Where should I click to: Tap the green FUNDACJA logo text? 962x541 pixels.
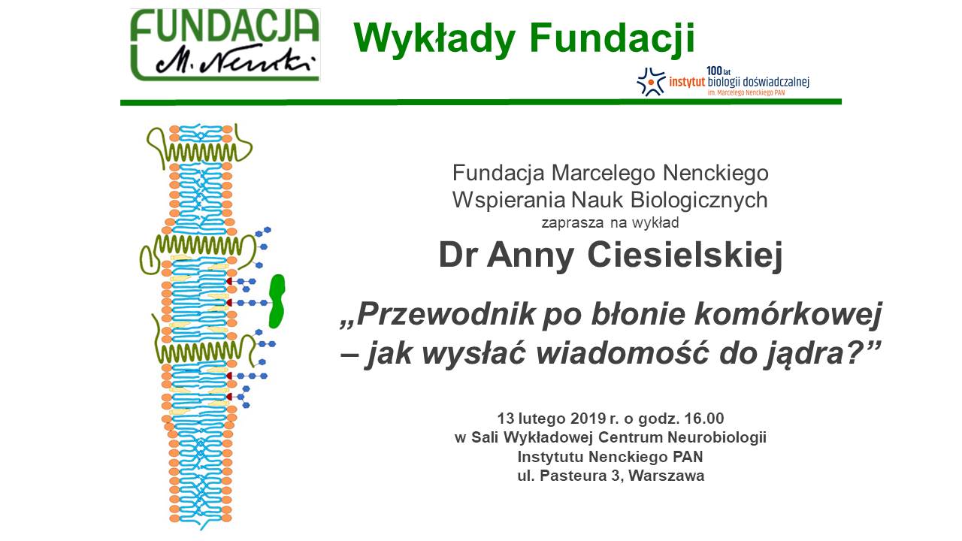[225, 26]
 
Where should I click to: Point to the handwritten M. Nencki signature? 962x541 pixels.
[235, 61]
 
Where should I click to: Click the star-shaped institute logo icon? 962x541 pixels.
[651, 82]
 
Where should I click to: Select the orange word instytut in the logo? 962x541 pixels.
[687, 81]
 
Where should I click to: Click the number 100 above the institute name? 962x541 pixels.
[714, 71]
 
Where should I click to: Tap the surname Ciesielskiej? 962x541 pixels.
[684, 256]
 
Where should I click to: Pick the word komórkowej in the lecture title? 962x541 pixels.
[788, 316]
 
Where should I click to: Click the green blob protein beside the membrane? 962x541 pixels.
[277, 301]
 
